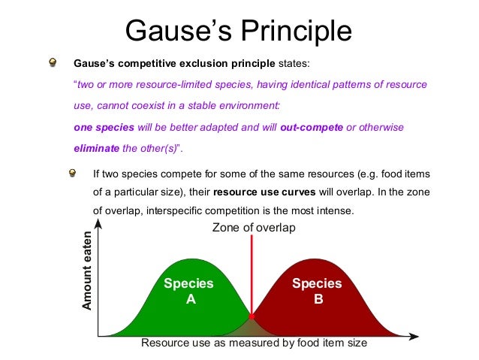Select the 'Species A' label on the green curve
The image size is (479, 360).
tap(188, 291)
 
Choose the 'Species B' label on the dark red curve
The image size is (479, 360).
tap(317, 291)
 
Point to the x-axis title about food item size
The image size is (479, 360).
tap(254, 343)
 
